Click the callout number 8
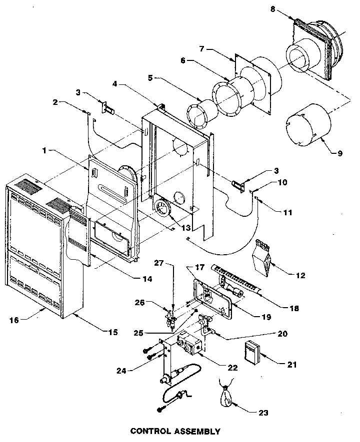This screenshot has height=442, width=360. tap(272, 9)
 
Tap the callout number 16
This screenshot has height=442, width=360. tap(14, 320)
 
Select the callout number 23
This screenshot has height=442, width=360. tap(263, 413)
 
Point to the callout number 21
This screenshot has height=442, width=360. tap(292, 365)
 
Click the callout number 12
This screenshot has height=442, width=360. tap(300, 275)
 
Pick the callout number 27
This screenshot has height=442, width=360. tap(159, 263)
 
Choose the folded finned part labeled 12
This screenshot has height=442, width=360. tap(261, 258)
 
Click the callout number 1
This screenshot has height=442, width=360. tap(44, 151)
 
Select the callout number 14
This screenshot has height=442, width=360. tap(147, 279)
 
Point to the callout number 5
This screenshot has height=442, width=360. tap(150, 78)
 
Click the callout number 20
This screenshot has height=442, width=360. tap(282, 334)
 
